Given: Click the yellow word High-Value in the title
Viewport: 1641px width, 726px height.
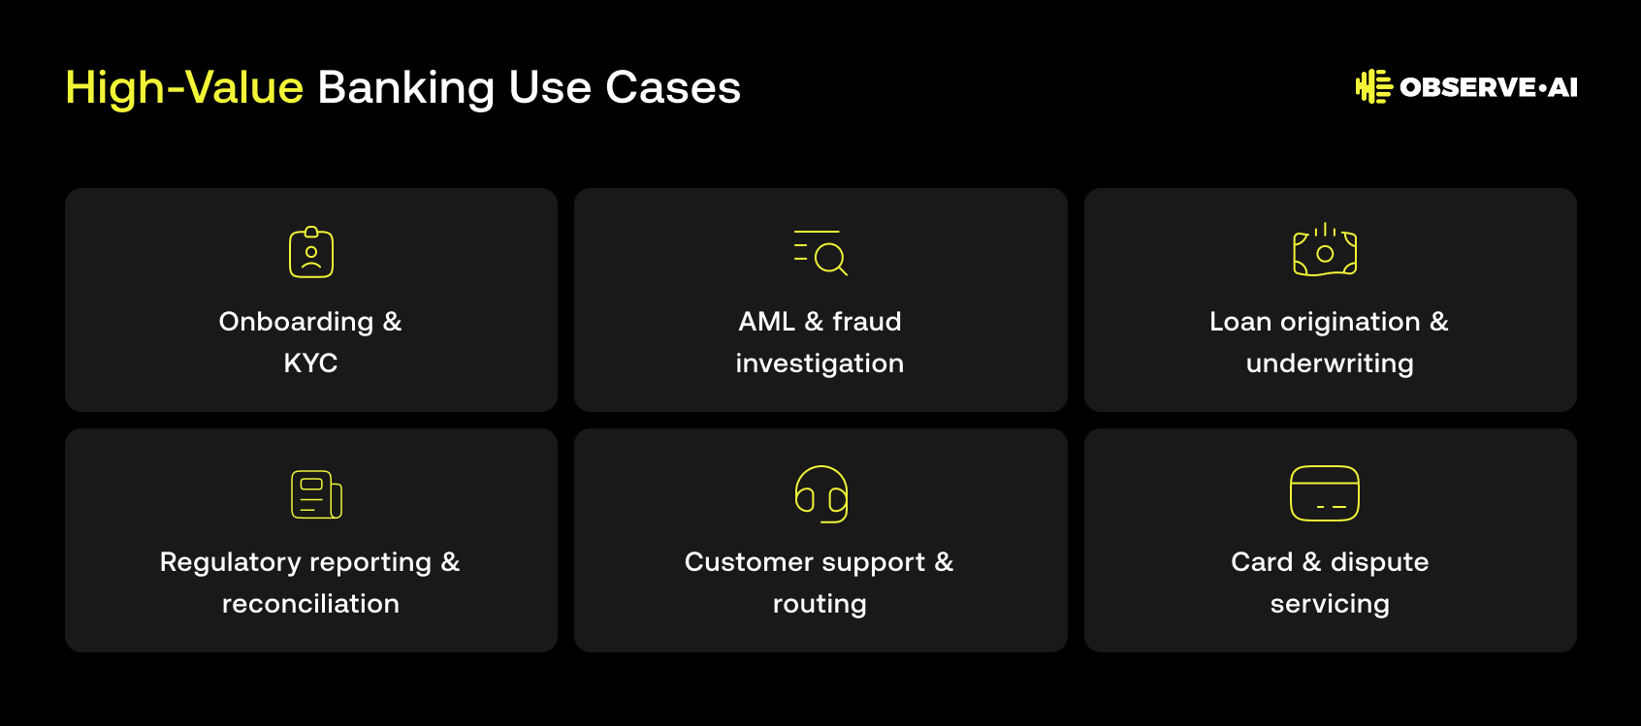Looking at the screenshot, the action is [x=184, y=88].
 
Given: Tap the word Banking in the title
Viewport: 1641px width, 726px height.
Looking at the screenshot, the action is [x=405, y=89].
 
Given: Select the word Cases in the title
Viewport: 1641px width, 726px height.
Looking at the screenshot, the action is [x=672, y=88].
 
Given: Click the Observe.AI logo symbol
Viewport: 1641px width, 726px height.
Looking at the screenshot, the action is [x=1373, y=87].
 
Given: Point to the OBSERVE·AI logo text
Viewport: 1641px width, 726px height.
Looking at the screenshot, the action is [x=1488, y=87].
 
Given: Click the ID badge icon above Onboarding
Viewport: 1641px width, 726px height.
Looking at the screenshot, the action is [x=311, y=252].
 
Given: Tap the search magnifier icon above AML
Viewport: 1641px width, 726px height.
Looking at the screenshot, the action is [x=820, y=252].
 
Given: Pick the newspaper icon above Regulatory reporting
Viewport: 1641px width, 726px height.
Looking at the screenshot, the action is [x=316, y=494].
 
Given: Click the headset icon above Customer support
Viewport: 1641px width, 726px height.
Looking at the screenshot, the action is [x=821, y=494].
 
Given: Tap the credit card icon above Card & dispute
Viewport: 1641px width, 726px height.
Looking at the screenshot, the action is [x=1325, y=493].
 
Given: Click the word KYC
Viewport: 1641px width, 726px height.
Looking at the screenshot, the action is [x=310, y=363].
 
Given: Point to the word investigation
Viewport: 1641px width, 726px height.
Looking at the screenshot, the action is [x=820, y=363].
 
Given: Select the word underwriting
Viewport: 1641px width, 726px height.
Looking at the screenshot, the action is [x=1330, y=363].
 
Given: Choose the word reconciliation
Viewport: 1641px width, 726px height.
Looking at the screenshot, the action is [x=310, y=604].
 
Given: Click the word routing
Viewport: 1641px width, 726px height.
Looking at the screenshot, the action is [x=820, y=605].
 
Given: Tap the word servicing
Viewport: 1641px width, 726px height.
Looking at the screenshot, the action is [x=1330, y=605].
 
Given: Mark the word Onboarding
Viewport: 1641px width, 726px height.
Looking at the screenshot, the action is [x=296, y=322].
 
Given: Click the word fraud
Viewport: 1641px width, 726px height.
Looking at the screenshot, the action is [x=867, y=321].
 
